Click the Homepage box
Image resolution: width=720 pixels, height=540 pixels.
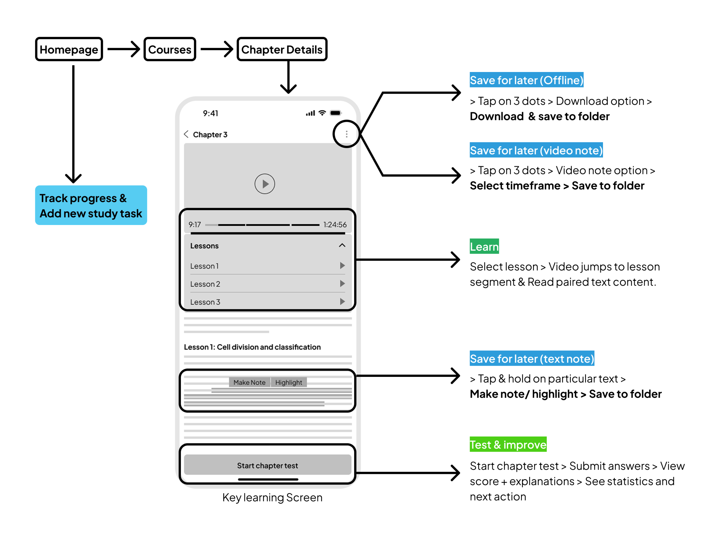(69, 49)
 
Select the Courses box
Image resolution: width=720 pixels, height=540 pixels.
(170, 49)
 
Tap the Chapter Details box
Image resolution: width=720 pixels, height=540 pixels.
(282, 49)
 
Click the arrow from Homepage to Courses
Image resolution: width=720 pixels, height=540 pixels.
(123, 49)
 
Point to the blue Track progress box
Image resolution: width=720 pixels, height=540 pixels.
(91, 205)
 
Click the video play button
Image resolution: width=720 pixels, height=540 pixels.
(265, 184)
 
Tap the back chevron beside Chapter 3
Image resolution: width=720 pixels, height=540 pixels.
(186, 134)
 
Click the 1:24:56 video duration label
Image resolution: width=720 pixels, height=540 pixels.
(335, 225)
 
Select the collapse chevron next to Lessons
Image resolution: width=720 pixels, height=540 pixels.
(342, 246)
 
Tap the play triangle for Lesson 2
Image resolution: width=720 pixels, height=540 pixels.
(342, 283)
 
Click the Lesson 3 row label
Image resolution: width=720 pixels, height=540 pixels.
(205, 302)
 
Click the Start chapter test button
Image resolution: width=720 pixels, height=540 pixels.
(267, 465)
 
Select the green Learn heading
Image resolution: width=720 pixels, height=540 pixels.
(484, 247)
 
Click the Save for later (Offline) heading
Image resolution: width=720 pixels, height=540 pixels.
(526, 80)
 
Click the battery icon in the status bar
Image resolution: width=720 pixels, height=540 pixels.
(335, 113)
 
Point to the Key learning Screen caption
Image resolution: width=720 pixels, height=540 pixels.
(272, 497)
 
